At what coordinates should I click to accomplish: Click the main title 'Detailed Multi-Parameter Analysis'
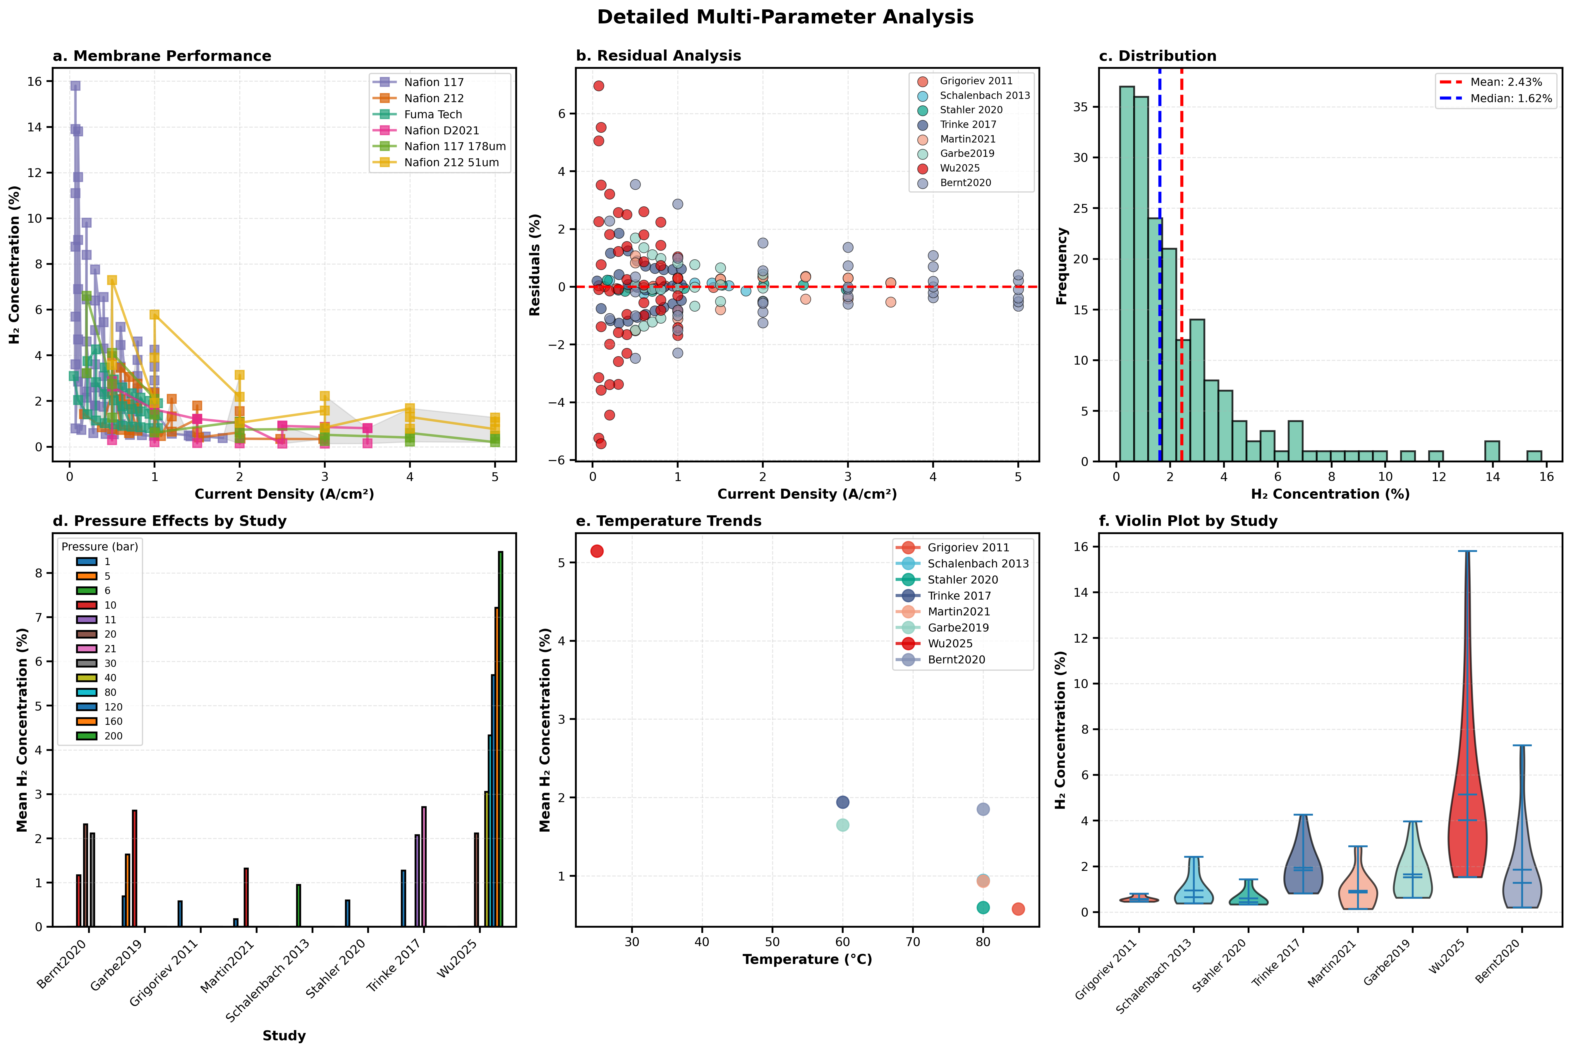coord(785,18)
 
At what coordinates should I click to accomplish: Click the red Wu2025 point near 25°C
coord(596,551)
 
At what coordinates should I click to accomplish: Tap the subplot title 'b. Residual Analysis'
coord(658,56)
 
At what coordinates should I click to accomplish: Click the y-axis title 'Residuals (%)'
coord(535,264)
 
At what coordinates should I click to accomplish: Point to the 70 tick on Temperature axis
coord(913,942)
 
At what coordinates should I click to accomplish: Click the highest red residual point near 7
coord(598,86)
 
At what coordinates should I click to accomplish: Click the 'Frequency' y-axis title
coord(1061,266)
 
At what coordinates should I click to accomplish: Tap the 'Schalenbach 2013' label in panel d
coord(268,979)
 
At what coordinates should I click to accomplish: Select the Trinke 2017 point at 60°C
coord(842,802)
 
